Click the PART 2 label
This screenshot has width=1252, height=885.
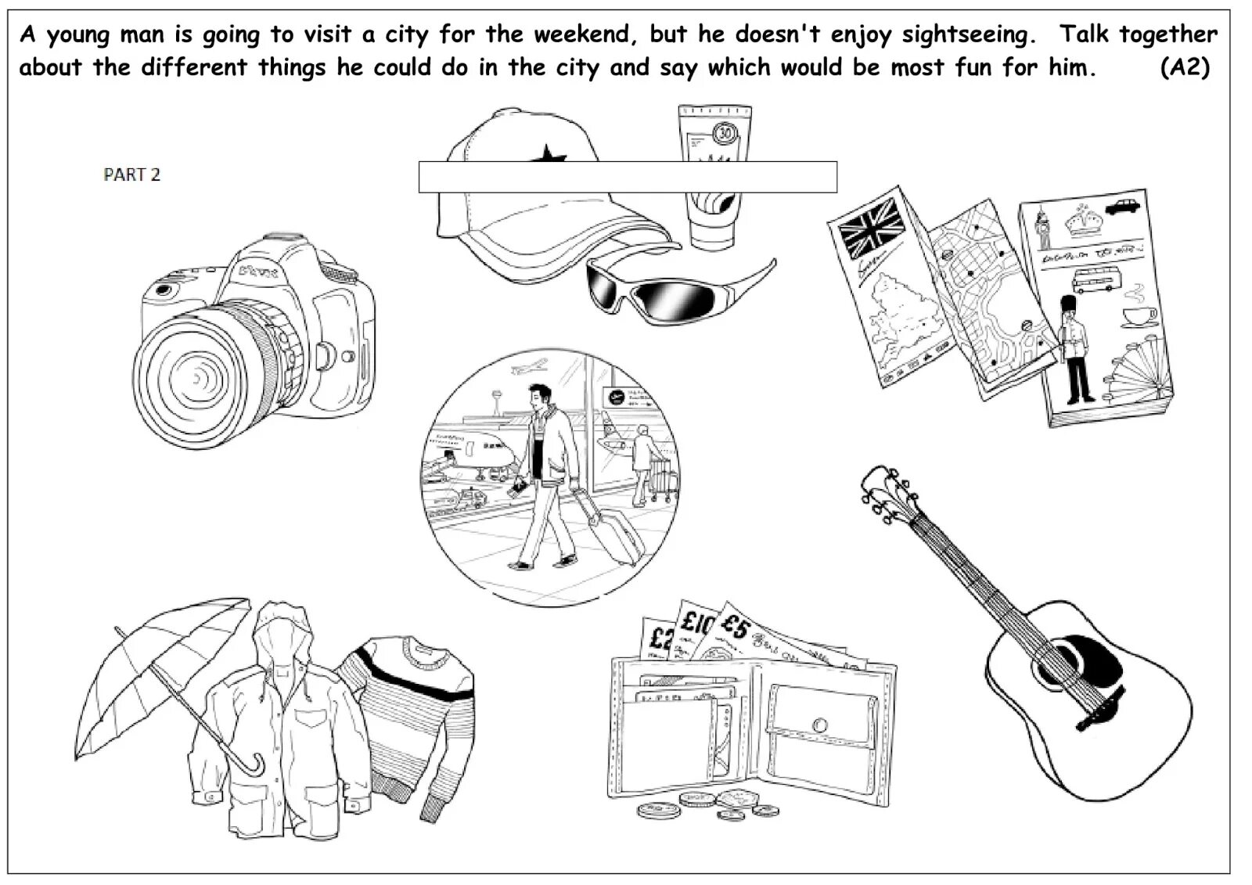(x=131, y=174)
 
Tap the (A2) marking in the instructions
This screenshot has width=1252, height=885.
(x=1185, y=67)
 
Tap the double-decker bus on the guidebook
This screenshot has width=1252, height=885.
(x=1095, y=279)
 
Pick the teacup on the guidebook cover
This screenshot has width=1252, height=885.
(x=1139, y=316)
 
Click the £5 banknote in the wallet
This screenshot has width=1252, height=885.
(x=736, y=626)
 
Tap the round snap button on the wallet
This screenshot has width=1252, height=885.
(x=820, y=724)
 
